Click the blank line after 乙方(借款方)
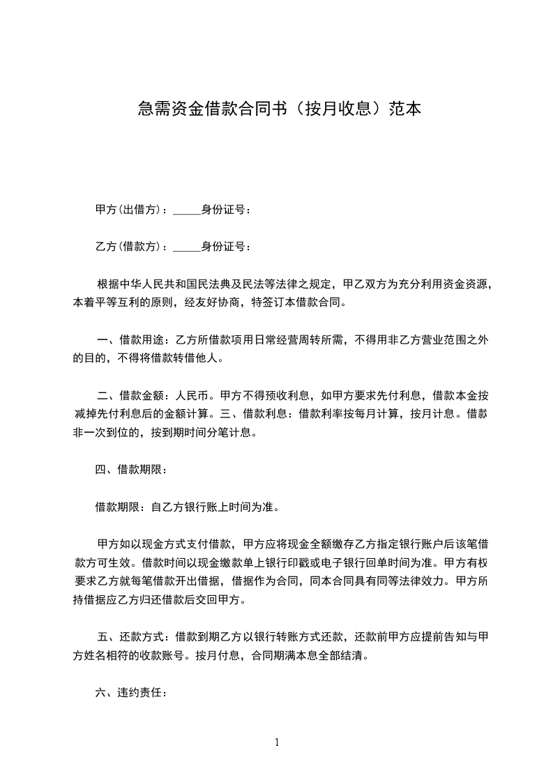click(x=186, y=247)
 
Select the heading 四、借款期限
click(x=131, y=469)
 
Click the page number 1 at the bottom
click(x=277, y=742)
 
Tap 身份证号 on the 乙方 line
click(x=222, y=247)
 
